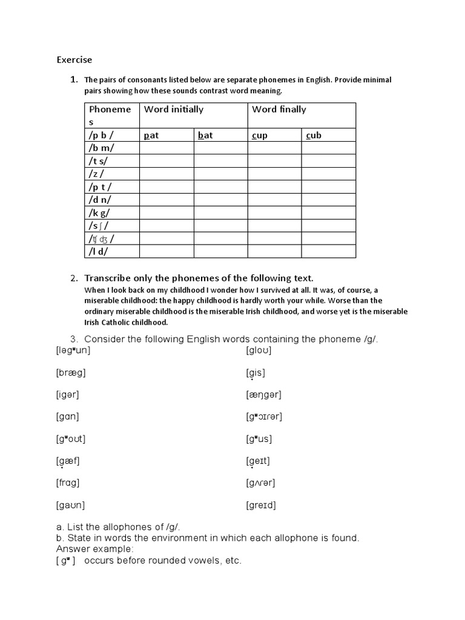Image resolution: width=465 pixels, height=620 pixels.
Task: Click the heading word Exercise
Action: tap(74, 59)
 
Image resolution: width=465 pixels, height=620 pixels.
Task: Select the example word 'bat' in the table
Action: tap(205, 135)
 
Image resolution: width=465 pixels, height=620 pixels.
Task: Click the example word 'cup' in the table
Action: tap(259, 135)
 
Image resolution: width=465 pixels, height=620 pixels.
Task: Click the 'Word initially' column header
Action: tap(174, 110)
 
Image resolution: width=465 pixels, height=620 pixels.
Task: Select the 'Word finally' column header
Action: tap(279, 110)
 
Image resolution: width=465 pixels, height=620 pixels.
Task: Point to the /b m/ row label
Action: tap(102, 148)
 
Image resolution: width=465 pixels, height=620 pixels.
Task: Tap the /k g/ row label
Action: tap(99, 213)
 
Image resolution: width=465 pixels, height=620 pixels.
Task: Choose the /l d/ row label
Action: tap(99, 251)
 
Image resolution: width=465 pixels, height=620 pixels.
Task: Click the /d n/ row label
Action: tap(100, 200)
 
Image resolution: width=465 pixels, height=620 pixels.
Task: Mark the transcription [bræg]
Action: tap(71, 372)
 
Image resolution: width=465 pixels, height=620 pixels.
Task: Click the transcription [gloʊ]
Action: tap(259, 350)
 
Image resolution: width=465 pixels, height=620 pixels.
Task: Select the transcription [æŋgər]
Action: tap(264, 395)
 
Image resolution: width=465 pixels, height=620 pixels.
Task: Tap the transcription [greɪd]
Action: tap(261, 505)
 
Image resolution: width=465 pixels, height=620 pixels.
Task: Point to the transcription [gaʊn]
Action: tap(71, 505)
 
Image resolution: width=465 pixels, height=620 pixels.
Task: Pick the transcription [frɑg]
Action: tap(68, 483)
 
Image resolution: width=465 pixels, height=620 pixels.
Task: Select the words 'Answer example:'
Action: tap(94, 549)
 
